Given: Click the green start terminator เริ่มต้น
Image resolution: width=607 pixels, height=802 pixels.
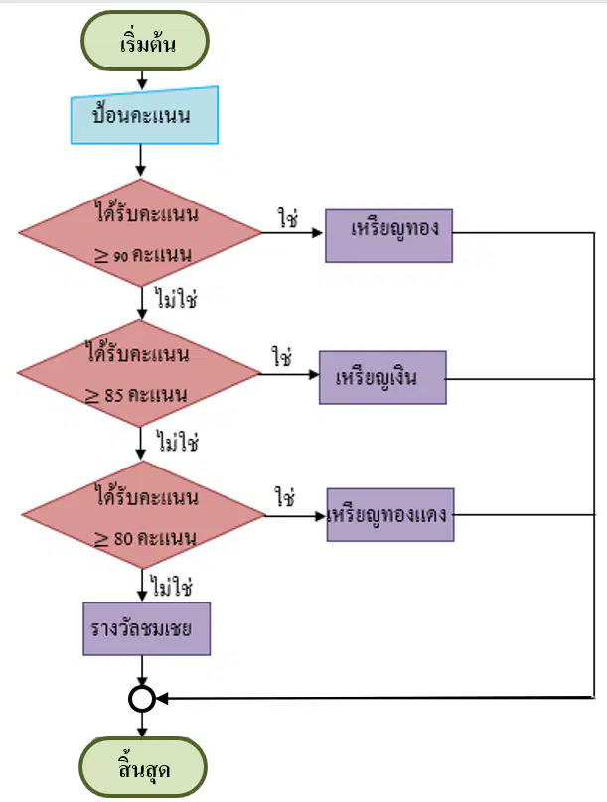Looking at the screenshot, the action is (145, 41).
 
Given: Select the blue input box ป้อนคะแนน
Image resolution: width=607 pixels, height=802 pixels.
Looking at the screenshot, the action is (144, 115).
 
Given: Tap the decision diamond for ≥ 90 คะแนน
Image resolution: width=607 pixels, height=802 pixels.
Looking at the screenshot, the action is (140, 232).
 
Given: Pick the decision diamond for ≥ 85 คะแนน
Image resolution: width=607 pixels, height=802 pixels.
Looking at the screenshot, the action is (139, 373).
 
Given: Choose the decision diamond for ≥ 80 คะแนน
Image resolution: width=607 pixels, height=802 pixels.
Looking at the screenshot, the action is (143, 514).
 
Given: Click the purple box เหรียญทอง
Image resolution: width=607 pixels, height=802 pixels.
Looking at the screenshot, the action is (389, 236).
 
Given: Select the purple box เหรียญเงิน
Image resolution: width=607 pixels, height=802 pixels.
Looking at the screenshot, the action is (382, 377).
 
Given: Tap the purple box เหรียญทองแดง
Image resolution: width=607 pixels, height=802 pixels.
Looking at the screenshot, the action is (390, 514).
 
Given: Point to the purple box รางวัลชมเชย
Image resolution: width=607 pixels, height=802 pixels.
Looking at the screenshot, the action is (147, 628).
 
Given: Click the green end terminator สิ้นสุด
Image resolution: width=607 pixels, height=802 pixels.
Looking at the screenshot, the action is (143, 767).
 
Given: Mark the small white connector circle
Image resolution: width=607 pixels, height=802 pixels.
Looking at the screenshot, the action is (142, 698).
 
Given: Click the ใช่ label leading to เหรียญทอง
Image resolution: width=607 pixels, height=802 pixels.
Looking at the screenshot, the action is (288, 218).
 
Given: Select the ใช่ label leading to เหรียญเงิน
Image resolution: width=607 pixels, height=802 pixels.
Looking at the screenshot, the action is (282, 356).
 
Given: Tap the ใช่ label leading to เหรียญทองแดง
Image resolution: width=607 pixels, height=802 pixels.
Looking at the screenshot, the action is (284, 496).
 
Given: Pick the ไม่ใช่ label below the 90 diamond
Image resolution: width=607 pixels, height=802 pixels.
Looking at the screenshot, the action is (177, 298).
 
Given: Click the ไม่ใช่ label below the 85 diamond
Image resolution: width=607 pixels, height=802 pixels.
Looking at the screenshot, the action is (178, 441).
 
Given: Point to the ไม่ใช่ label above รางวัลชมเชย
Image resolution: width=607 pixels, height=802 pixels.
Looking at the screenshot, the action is (172, 586).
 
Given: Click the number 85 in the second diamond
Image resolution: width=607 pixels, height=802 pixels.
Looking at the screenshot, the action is (113, 395).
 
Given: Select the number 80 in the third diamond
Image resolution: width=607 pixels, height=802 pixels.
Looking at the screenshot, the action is (123, 539).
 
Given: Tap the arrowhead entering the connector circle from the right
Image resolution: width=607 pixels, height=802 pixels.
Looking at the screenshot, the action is (162, 698).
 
